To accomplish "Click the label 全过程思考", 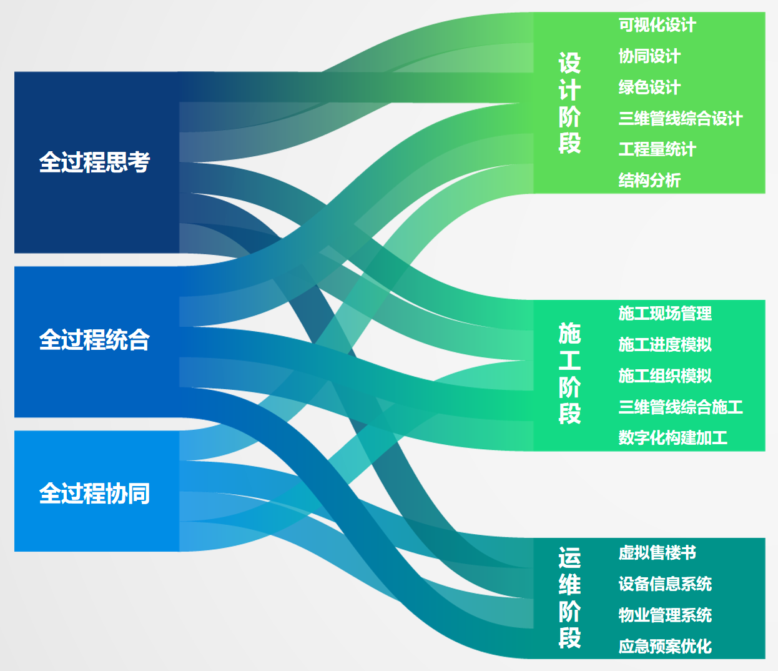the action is pos(94,162).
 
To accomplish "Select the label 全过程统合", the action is pos(94,340).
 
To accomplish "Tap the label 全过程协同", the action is pos(94,494).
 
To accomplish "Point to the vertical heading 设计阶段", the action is pos(569,103).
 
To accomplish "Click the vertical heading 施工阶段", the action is pos(569,373).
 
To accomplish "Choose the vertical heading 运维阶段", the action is pos(569,597).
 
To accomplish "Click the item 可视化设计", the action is pos(657,25).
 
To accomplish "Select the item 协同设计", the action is pos(649,56).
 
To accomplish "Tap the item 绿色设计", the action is pos(649,87).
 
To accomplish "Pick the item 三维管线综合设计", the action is pos(681,119).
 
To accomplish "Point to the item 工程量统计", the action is pos(657,149).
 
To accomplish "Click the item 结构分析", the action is pos(649,181).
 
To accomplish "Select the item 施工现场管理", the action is pos(665,314).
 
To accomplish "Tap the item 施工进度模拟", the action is pos(665,344).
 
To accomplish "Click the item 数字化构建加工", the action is pos(672,438).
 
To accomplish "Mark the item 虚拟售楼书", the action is pos(657,553).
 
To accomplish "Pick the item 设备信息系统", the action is pos(665,584).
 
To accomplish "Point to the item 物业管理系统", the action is pos(665,615).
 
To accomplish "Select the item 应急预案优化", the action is pos(665,647).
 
